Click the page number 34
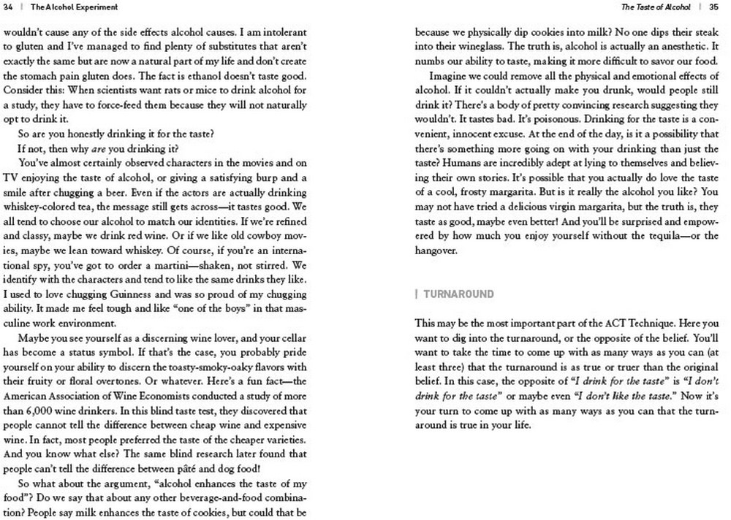(x=9, y=7)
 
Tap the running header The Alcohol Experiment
(x=64, y=7)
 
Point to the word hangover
(x=436, y=251)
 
